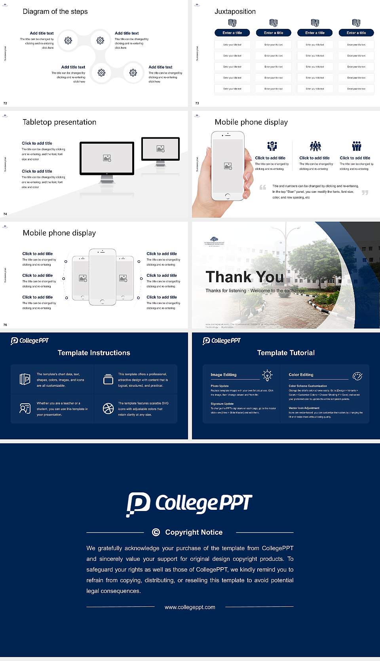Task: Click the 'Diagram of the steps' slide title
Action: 55,11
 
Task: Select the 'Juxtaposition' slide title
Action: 235,11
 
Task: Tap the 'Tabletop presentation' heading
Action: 59,122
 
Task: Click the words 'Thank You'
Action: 245,277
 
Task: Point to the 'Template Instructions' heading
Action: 94,353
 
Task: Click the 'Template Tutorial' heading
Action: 286,353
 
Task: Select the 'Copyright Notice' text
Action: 194,532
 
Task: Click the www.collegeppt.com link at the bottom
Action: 190,607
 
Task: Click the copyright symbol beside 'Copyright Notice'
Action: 156,532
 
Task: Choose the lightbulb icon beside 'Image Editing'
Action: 267,375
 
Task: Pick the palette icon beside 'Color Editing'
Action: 357,376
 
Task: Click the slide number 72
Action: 5,103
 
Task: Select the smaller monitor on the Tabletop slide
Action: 160,149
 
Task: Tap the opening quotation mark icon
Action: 262,187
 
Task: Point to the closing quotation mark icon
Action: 365,192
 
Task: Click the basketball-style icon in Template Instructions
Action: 108,408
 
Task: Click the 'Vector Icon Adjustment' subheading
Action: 304,408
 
